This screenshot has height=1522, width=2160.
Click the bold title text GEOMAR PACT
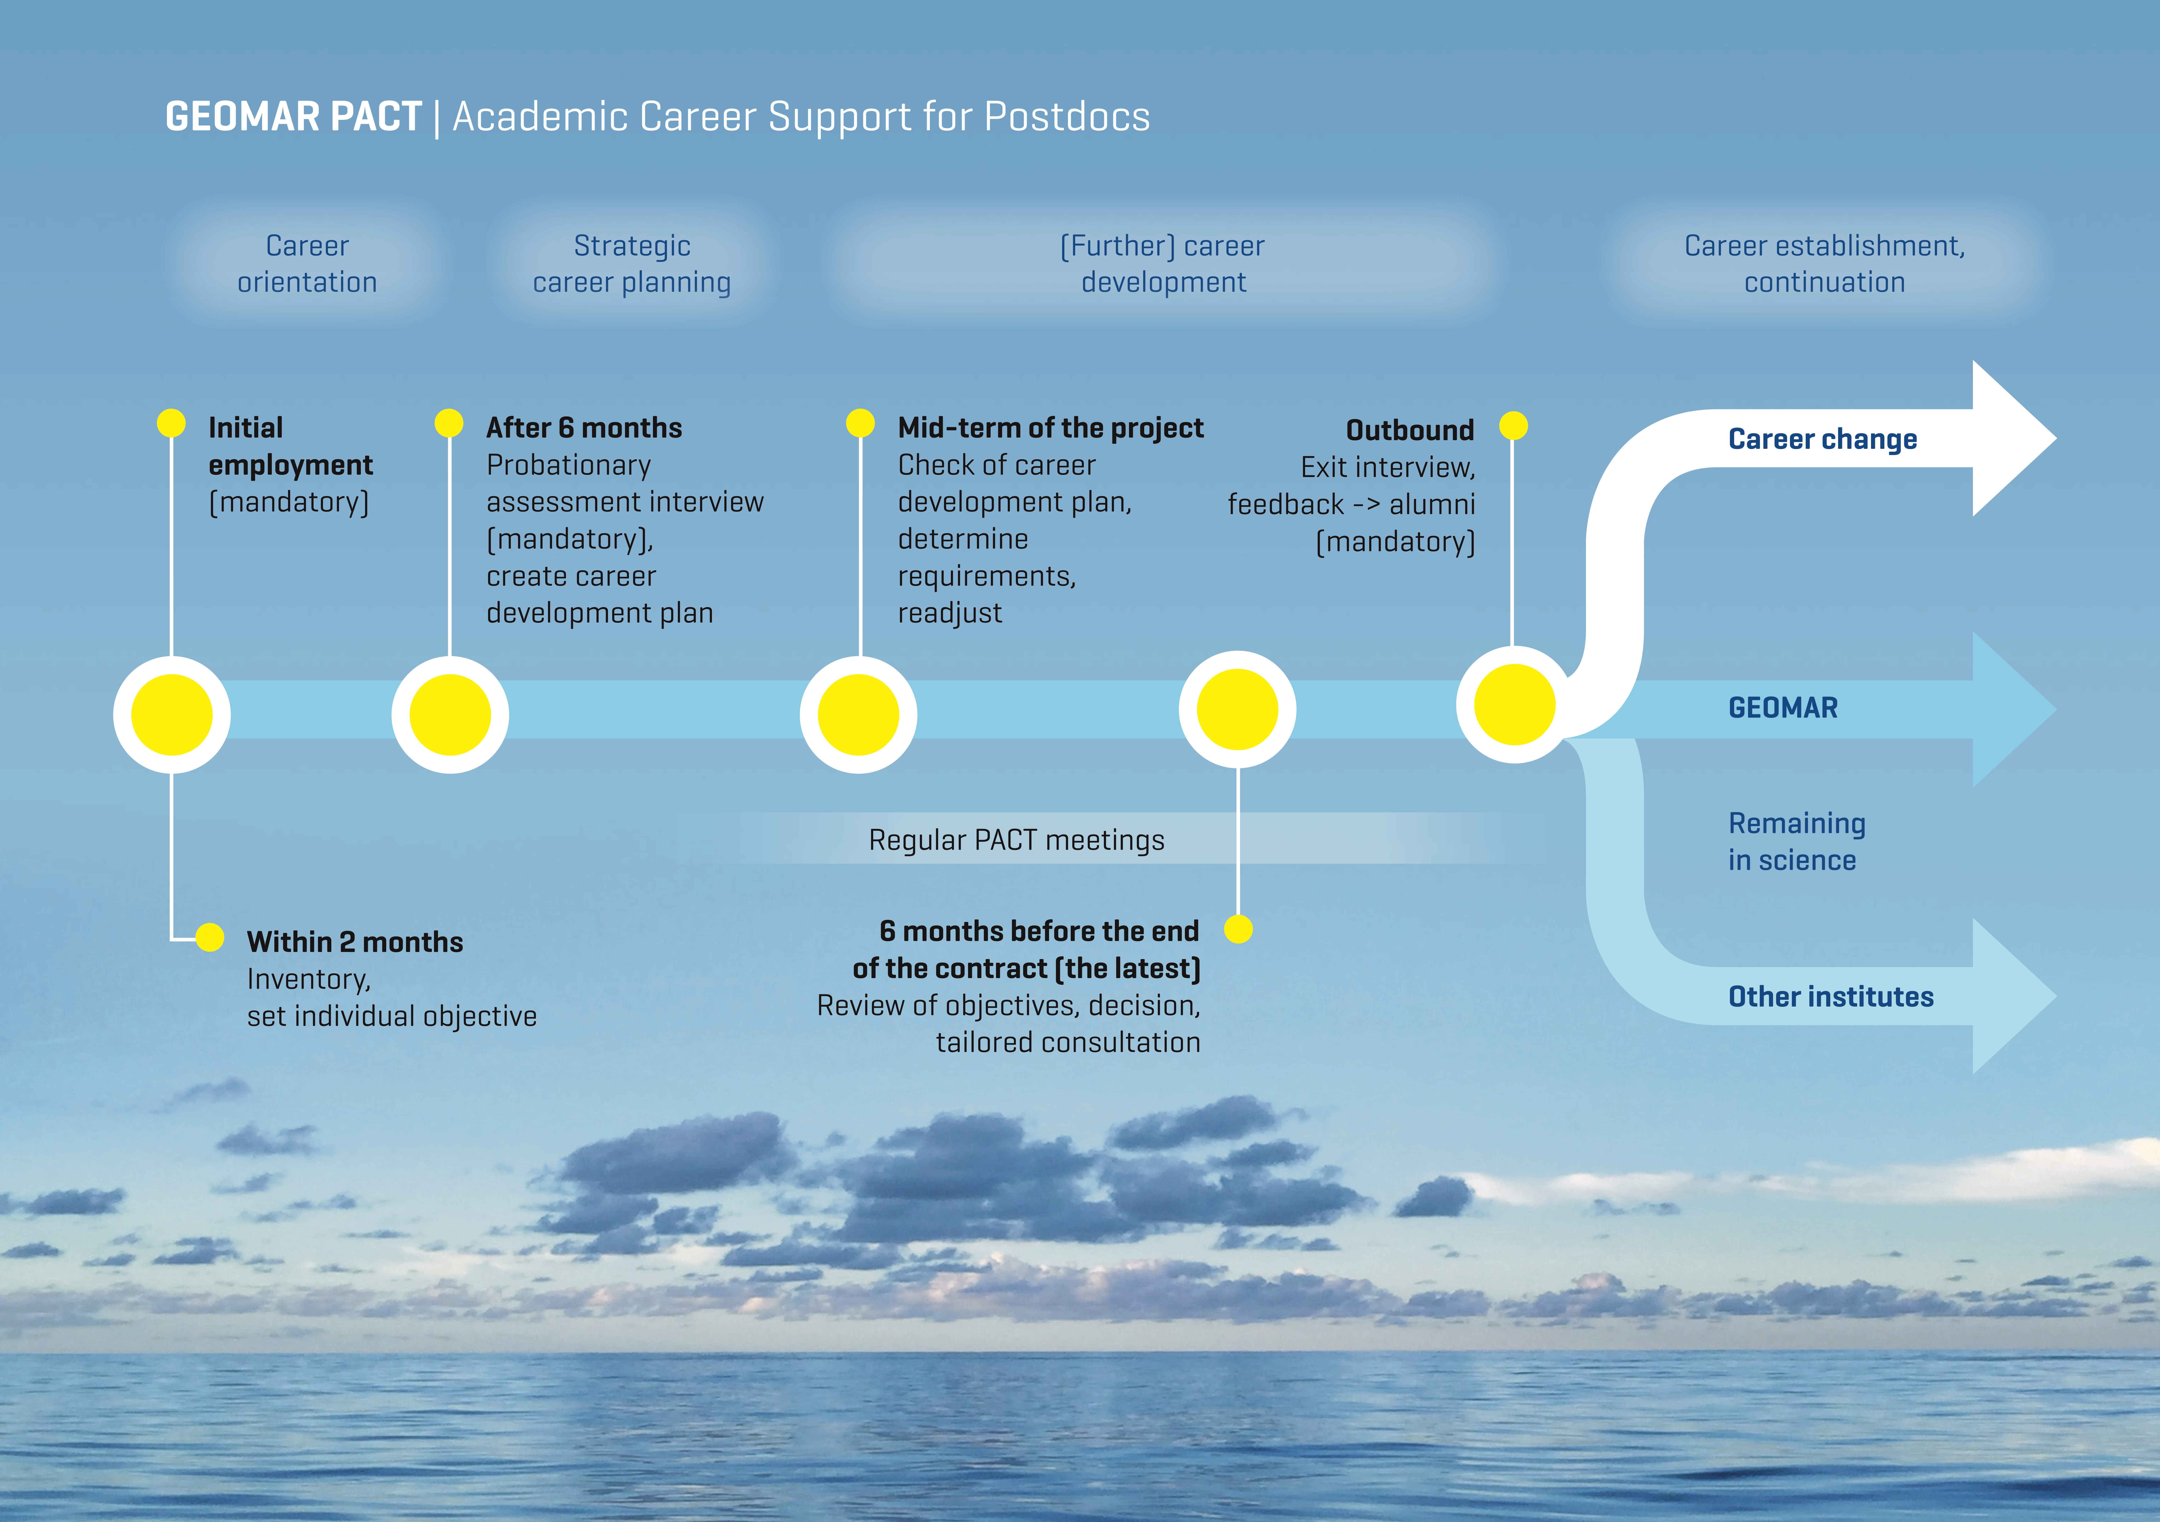[x=293, y=117]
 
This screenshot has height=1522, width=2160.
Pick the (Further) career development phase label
[x=1163, y=263]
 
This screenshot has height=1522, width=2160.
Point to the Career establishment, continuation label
[x=1824, y=263]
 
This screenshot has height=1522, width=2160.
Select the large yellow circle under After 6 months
[x=450, y=715]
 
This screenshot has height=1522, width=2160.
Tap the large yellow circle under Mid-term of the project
[x=858, y=715]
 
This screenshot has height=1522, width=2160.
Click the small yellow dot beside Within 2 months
[x=210, y=938]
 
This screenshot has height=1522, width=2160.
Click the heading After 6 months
[x=584, y=428]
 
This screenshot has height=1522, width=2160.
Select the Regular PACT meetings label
[x=1016, y=840]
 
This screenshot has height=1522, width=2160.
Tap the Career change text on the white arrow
[x=1822, y=439]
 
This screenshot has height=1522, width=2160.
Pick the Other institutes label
[x=1831, y=997]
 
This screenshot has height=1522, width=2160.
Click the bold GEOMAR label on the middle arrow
[x=1783, y=707]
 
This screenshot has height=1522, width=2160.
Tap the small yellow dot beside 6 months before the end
[x=1238, y=930]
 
